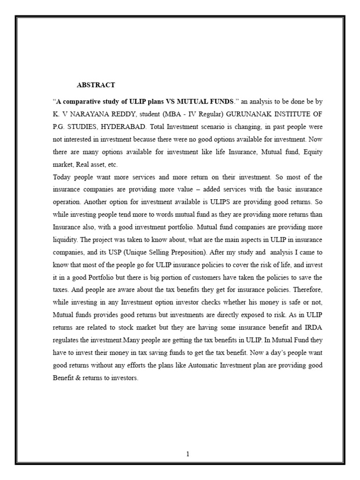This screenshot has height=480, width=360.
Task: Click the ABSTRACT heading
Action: tap(96, 85)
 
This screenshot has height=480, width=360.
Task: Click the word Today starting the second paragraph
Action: tap(62, 177)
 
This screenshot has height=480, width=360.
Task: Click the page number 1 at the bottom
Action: tap(187, 454)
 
